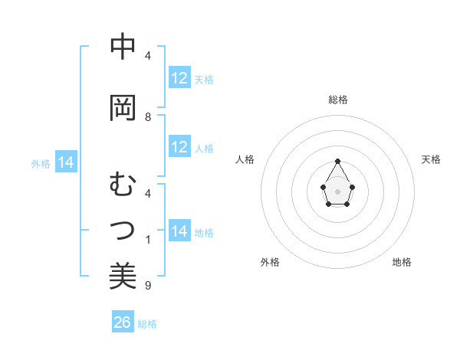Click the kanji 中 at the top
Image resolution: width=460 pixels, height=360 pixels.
tap(123, 47)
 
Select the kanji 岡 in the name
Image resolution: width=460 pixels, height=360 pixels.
tap(123, 108)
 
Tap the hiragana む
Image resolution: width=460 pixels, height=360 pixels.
tap(123, 185)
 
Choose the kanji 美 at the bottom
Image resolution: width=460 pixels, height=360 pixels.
tap(123, 276)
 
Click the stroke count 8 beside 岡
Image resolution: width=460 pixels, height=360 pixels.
tap(148, 117)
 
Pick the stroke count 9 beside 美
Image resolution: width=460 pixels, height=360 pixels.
tap(148, 286)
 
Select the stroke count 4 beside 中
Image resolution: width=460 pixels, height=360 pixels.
tap(148, 56)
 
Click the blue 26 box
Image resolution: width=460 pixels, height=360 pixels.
tap(123, 322)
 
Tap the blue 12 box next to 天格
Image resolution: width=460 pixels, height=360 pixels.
tap(179, 78)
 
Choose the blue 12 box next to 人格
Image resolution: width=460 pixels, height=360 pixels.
tap(179, 147)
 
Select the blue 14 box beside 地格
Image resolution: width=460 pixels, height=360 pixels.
tap(179, 231)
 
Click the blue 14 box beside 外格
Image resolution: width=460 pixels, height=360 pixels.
tap(66, 162)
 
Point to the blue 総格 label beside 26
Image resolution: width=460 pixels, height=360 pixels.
tap(147, 324)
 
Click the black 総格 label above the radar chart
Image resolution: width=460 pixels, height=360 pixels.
tap(338, 100)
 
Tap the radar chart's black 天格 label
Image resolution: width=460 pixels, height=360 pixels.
tap(432, 159)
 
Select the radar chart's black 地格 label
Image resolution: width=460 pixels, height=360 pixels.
tap(402, 262)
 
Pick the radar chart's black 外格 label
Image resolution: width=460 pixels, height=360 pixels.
tap(270, 262)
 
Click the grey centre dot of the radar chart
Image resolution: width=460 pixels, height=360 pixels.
tap(338, 190)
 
